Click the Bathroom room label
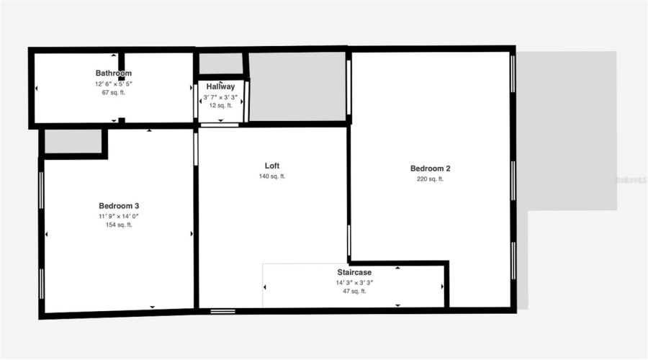pyautogui.click(x=114, y=73)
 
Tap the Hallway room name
pyautogui.click(x=220, y=86)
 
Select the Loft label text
pyautogui.click(x=272, y=165)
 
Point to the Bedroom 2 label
pyautogui.click(x=431, y=168)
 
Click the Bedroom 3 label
pyautogui.click(x=119, y=205)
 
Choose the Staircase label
pyautogui.click(x=354, y=272)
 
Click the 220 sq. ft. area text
pyautogui.click(x=431, y=179)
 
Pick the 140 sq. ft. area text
pyautogui.click(x=272, y=176)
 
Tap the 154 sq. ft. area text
pyautogui.click(x=119, y=225)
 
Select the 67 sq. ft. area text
pyautogui.click(x=114, y=92)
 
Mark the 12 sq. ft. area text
pyautogui.click(x=220, y=105)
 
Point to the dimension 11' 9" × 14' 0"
pyautogui.click(x=119, y=215)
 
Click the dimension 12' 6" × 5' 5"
pyautogui.click(x=114, y=83)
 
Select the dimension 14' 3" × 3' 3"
pyautogui.click(x=354, y=282)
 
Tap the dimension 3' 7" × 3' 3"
pyautogui.click(x=220, y=96)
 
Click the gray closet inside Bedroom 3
pyautogui.click(x=73, y=141)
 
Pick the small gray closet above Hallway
pyautogui.click(x=220, y=64)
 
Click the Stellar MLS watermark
pyautogui.click(x=631, y=180)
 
